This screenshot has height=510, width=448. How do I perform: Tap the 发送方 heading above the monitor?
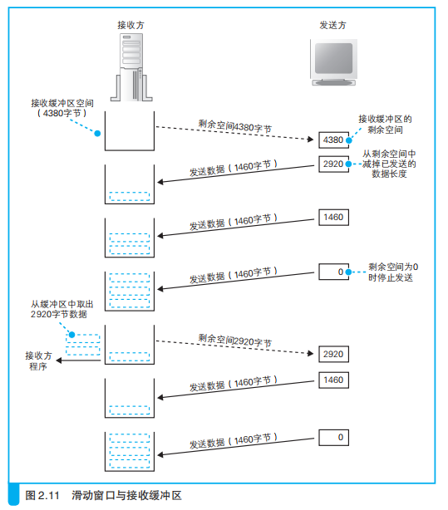point(332,25)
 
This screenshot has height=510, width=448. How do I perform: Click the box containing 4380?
point(332,140)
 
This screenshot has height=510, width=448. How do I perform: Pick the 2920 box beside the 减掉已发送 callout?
point(332,164)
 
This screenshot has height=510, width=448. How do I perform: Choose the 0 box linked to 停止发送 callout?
point(332,272)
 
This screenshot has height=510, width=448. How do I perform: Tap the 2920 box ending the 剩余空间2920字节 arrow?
point(332,353)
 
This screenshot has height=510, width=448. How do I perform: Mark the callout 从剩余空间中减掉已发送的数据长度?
point(389,164)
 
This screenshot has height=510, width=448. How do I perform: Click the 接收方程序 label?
point(38,360)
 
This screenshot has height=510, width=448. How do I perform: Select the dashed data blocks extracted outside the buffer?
point(83,344)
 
